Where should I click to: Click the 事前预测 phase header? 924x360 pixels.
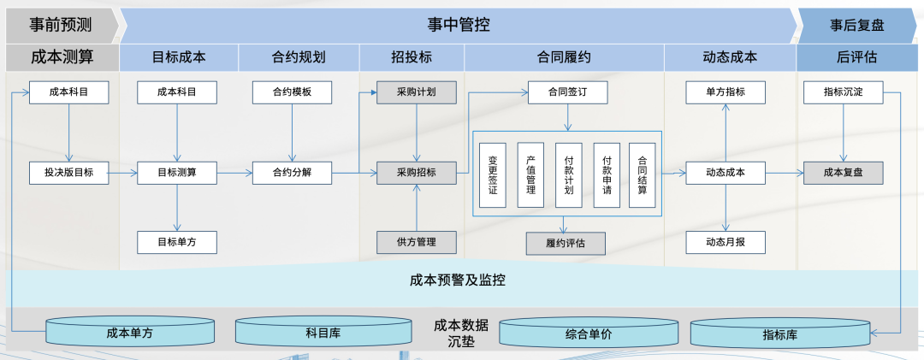tap(61, 25)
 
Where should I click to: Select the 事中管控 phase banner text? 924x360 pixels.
tap(459, 25)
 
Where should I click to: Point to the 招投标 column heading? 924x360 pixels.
tap(411, 58)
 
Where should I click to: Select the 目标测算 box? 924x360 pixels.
tap(177, 173)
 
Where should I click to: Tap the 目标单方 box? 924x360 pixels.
tap(177, 242)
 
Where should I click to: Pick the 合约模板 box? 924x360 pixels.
tap(292, 92)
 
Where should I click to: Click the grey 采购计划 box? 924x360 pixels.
tap(417, 92)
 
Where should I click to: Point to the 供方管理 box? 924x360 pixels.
tap(417, 242)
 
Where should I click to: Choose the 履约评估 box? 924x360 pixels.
tap(565, 244)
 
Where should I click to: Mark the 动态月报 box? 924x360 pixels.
tap(726, 242)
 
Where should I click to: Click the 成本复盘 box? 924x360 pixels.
tap(844, 173)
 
